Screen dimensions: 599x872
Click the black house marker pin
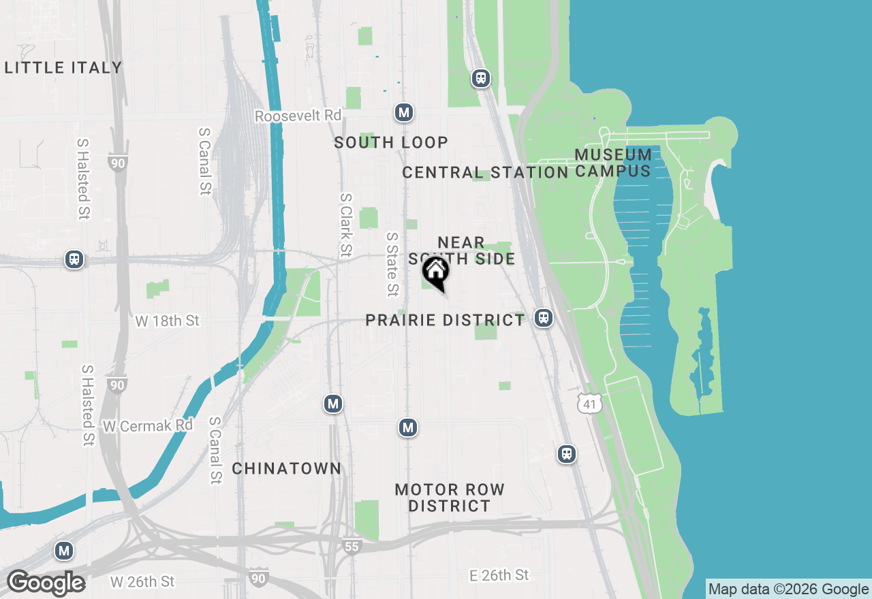point(436,272)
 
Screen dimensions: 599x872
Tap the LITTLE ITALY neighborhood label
point(63,67)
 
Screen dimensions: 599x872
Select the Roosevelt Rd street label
point(298,116)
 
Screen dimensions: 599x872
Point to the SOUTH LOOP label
point(391,142)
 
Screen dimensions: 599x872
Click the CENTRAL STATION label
point(485,172)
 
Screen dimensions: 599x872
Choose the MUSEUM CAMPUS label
point(613,163)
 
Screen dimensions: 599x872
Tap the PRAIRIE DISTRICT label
point(446,320)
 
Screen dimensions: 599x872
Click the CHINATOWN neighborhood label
point(286,468)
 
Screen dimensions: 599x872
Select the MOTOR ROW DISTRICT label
point(450,498)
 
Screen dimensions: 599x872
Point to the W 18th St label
point(168,321)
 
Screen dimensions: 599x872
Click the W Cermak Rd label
point(148,425)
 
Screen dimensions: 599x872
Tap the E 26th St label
point(499,575)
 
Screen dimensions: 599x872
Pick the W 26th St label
point(142,582)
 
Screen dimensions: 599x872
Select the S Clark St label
point(347,225)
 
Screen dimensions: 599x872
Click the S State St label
point(392,264)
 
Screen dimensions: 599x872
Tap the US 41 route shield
point(590,403)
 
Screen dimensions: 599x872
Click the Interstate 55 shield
point(352,547)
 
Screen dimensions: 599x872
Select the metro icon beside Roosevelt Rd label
point(405,112)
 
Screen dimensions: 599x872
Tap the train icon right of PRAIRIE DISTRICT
point(543,318)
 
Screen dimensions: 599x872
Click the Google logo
point(46,583)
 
